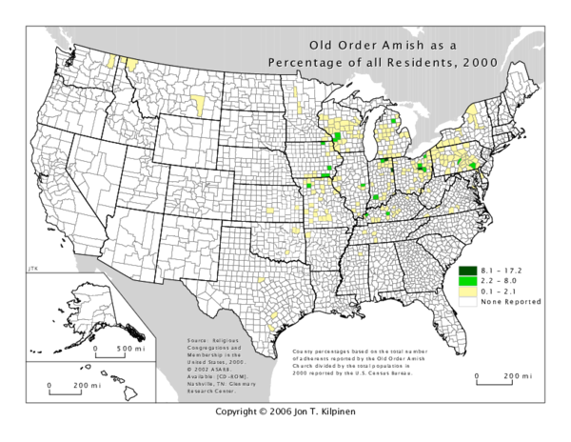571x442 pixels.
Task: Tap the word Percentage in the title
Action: click(307, 63)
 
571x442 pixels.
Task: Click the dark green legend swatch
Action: click(468, 270)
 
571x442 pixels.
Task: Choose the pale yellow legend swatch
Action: click(468, 291)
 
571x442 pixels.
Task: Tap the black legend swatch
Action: click(468, 303)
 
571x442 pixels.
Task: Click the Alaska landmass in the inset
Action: click(90, 305)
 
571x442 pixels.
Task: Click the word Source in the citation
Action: click(199, 339)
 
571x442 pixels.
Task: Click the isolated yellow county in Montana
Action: click(198, 103)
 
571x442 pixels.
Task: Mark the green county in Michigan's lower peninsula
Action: click(394, 121)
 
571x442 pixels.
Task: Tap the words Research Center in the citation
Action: click(211, 391)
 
